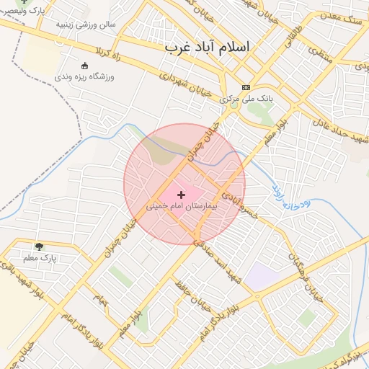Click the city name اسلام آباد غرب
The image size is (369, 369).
[207, 47]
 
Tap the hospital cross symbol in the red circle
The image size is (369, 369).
[181, 195]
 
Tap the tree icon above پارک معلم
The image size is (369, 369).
[39, 246]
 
